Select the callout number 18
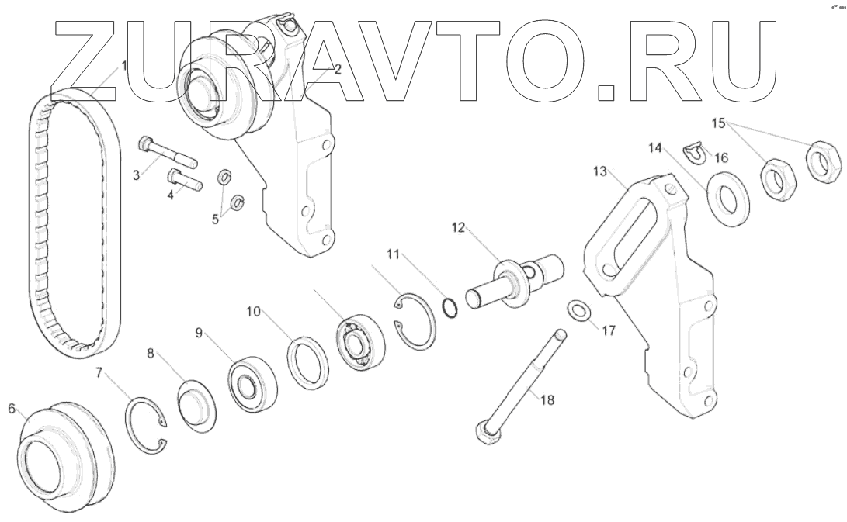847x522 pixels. [x=547, y=400]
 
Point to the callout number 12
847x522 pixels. [x=458, y=228]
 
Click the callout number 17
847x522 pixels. [x=608, y=330]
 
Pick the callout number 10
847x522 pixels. [x=253, y=313]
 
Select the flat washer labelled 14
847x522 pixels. [x=727, y=200]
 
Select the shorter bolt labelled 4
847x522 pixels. [x=184, y=183]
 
